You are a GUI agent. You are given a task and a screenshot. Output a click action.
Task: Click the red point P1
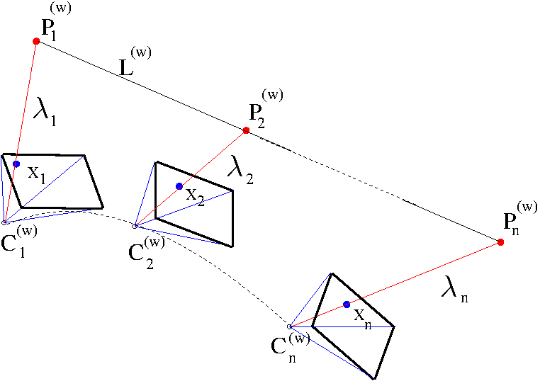[36, 41]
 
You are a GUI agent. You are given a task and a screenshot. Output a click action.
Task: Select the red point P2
[246, 130]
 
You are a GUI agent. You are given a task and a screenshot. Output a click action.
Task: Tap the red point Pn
[500, 242]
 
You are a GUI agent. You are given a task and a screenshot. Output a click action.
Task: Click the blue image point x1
[16, 164]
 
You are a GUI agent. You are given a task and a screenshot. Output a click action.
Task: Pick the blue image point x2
[179, 186]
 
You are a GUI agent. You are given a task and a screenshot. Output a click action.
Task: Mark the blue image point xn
[347, 305]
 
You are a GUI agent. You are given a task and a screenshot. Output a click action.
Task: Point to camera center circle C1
[4, 222]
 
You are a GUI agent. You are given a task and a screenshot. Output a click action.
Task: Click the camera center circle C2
[135, 226]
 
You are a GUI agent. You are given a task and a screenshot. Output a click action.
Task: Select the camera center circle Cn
[289, 326]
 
